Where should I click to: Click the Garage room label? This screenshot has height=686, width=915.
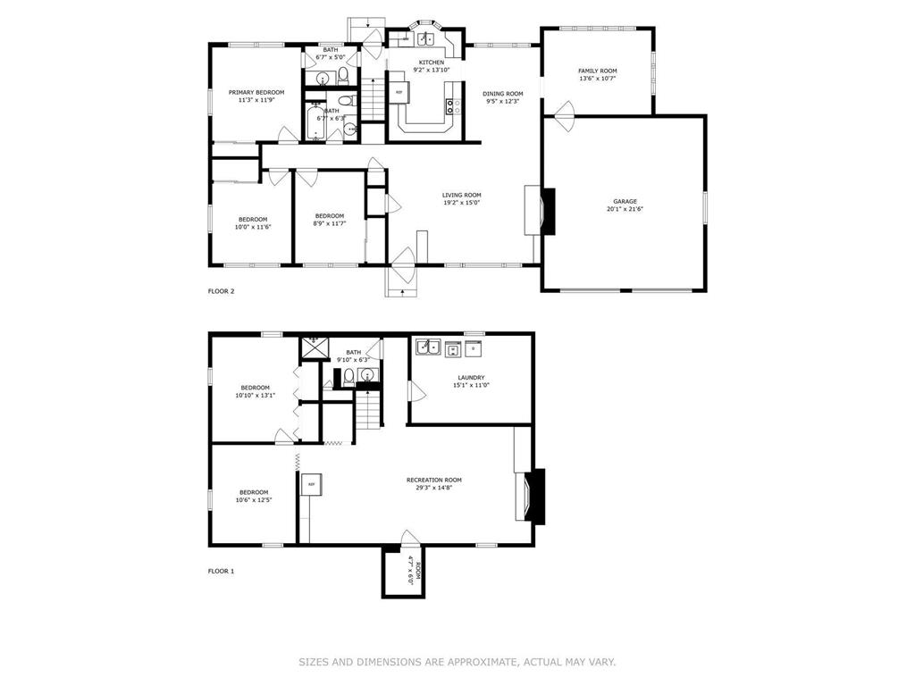pyautogui.click(x=625, y=202)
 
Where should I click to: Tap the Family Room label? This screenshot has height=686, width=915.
pyautogui.click(x=598, y=71)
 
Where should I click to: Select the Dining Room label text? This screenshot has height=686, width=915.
pyautogui.click(x=502, y=93)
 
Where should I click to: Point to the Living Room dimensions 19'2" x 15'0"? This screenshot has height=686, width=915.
pyautogui.click(x=461, y=203)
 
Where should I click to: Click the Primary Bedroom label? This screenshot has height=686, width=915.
pyautogui.click(x=256, y=92)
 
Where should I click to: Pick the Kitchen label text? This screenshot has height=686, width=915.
pyautogui.click(x=432, y=63)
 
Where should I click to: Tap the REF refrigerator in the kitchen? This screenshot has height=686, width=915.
pyautogui.click(x=399, y=93)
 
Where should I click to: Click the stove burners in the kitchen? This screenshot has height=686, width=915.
pyautogui.click(x=453, y=106)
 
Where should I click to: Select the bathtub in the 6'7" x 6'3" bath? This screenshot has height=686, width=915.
pyautogui.click(x=315, y=121)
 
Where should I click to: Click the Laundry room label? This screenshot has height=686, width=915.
pyautogui.click(x=471, y=378)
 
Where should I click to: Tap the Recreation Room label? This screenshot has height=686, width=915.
pyautogui.click(x=434, y=480)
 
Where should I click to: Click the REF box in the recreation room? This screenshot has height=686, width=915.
pyautogui.click(x=312, y=484)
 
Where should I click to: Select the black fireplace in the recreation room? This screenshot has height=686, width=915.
pyautogui.click(x=536, y=497)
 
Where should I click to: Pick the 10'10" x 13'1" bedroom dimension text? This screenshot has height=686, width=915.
pyautogui.click(x=256, y=396)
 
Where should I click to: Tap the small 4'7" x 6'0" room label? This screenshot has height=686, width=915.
pyautogui.click(x=414, y=571)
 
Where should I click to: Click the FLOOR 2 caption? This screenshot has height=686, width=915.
pyautogui.click(x=222, y=291)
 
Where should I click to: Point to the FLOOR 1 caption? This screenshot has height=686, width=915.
pyautogui.click(x=222, y=571)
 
